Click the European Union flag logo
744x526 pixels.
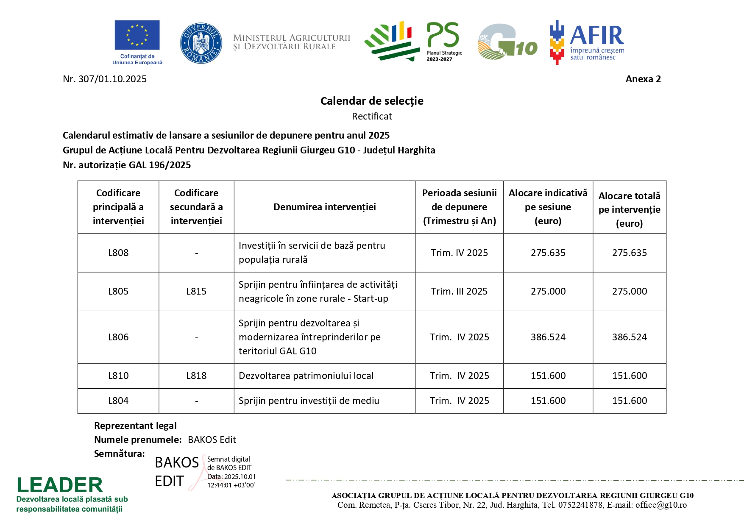137,36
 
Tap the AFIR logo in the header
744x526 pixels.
587,42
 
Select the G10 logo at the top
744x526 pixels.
507,42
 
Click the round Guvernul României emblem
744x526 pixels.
201,43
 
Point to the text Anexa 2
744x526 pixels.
643,79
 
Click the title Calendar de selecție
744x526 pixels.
372,101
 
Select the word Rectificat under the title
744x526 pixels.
372,116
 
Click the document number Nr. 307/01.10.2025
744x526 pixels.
105,79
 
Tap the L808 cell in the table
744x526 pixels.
118,253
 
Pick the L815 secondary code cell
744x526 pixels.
196,292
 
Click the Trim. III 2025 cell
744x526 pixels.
459,292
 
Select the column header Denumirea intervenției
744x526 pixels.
324,207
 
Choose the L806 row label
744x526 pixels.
118,337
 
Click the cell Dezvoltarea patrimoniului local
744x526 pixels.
306,376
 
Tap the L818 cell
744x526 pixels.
196,376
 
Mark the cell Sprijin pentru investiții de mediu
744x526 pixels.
309,401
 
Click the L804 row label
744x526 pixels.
118,401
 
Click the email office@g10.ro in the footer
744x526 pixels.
661,505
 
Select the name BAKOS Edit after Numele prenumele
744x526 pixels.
212,440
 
